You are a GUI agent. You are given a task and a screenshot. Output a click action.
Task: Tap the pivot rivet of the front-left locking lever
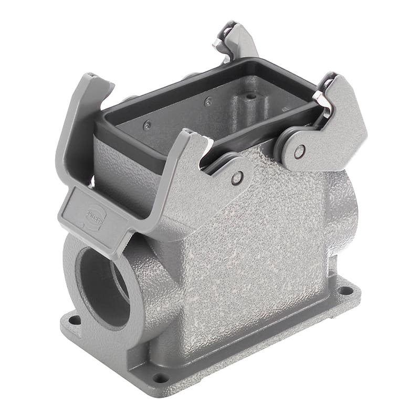pyautogui.click(x=237, y=178)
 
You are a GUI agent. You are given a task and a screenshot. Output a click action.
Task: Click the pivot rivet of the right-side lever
pyautogui.click(x=299, y=152)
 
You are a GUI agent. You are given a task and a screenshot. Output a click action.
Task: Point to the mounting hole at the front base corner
pyautogui.click(x=160, y=377)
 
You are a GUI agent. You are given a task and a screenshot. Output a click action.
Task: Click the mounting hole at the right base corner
pyautogui.click(x=345, y=290)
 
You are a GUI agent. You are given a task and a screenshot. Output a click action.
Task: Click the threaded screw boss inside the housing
pyautogui.click(x=251, y=97)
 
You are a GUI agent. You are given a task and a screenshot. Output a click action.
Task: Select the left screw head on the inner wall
pyautogui.click(x=148, y=125)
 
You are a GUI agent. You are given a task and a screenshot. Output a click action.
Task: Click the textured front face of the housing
pyautogui.click(x=252, y=252)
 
